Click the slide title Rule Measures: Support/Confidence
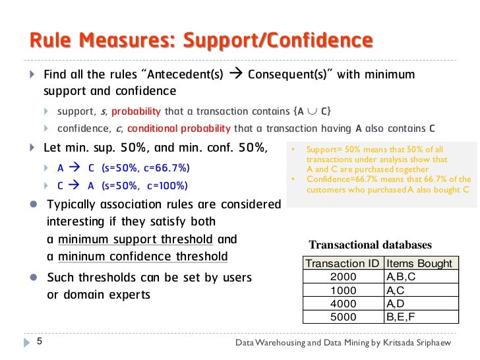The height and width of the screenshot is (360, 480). coord(200,41)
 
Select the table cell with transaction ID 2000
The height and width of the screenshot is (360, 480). coord(343,276)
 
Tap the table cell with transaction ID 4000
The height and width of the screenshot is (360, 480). coord(343,303)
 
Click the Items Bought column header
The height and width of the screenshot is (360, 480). coord(419,263)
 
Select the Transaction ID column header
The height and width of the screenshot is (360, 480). coord(343,263)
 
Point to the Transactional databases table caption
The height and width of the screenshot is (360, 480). coord(370,245)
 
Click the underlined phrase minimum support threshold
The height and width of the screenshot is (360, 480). coord(136,239)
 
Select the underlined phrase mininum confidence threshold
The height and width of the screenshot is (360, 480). coord(143,256)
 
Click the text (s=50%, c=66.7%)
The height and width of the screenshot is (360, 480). coord(146,167)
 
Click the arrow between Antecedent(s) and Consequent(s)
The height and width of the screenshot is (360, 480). coord(235,74)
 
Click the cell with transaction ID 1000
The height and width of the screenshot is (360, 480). coord(343,290)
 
